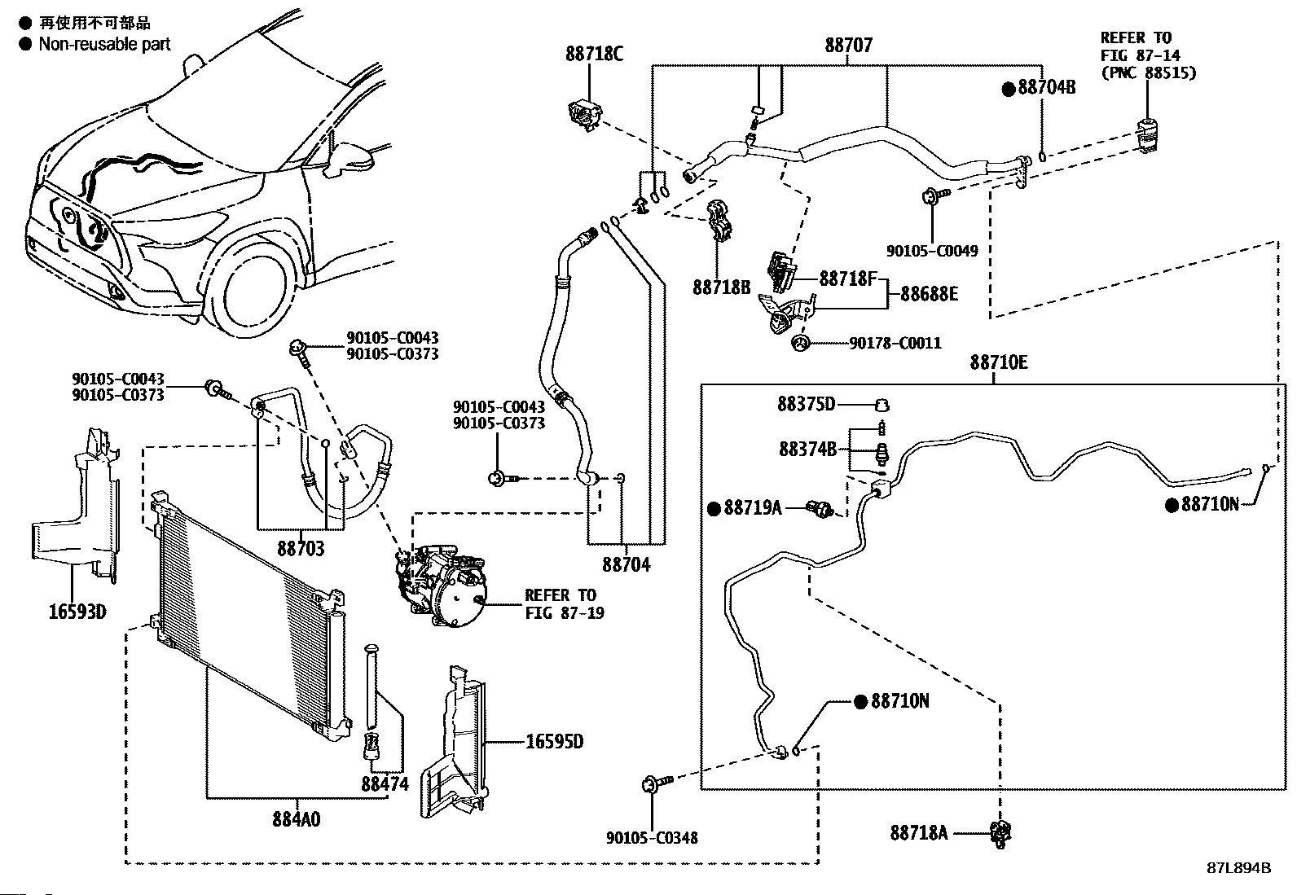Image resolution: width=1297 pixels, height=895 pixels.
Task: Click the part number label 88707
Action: (848, 45)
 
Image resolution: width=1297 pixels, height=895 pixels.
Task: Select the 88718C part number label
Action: (594, 54)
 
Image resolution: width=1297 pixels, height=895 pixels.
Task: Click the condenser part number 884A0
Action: (296, 818)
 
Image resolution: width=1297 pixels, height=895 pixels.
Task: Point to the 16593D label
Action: (77, 611)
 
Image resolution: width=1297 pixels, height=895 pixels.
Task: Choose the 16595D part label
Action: (554, 742)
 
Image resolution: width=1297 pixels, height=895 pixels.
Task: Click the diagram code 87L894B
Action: (1238, 867)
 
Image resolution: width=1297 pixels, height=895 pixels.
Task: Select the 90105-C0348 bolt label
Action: (652, 837)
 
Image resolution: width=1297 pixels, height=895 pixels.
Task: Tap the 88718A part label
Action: (919, 832)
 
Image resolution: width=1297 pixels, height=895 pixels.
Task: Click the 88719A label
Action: (752, 508)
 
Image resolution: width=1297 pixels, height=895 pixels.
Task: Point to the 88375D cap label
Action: (806, 404)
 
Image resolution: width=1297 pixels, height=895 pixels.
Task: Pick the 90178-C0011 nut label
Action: (895, 344)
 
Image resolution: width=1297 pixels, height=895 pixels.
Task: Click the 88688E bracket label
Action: (929, 294)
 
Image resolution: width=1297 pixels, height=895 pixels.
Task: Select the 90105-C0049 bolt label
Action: (932, 252)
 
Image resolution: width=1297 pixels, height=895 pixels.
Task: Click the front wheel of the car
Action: (254, 294)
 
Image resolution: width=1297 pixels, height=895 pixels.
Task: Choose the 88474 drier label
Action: (385, 783)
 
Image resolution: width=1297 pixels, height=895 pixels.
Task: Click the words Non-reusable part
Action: (104, 44)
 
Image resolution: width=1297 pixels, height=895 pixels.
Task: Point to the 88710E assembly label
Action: (998, 362)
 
